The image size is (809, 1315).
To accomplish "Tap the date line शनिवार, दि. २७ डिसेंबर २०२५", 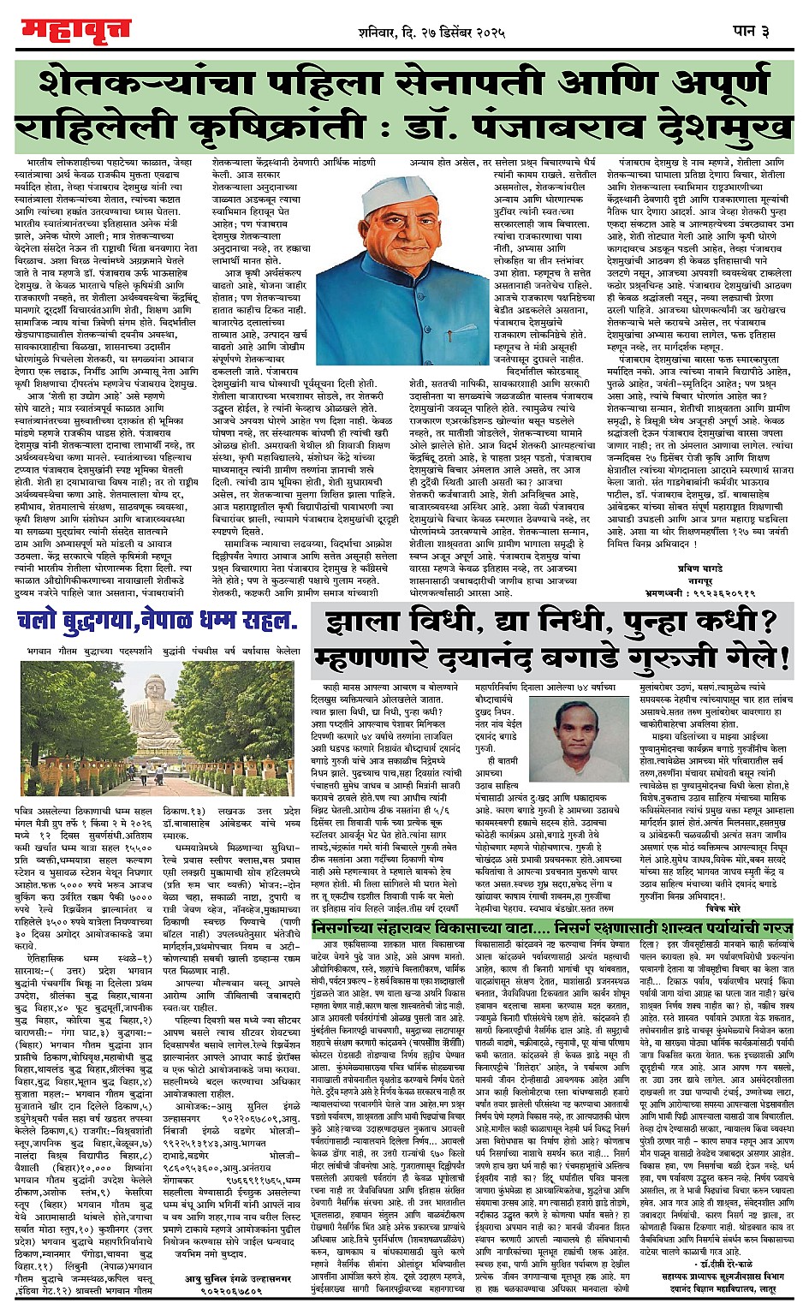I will click(x=433, y=33).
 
